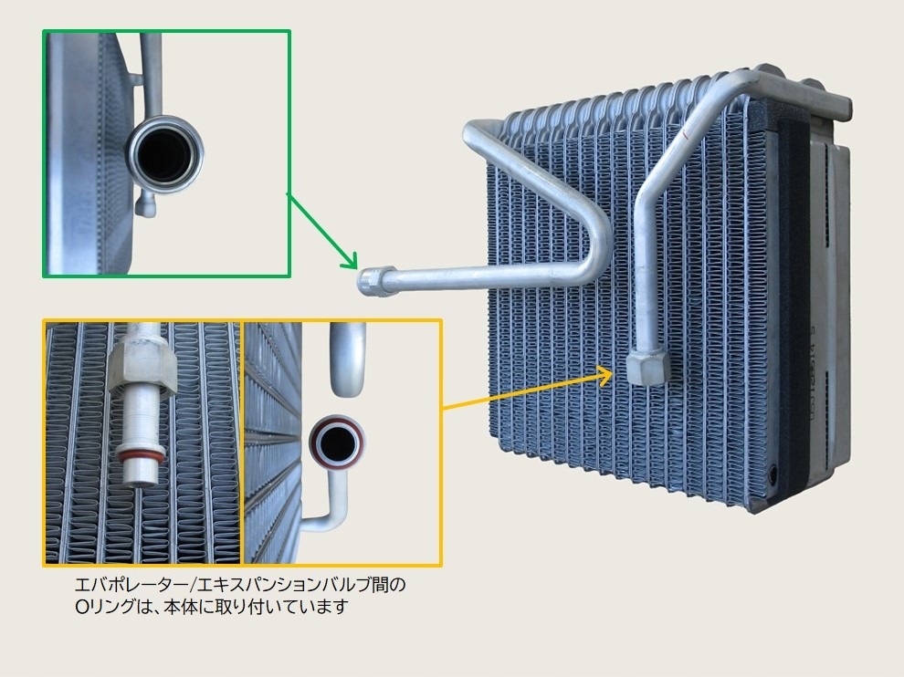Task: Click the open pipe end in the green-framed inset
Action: [165, 154]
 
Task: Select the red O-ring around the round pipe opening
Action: [337, 442]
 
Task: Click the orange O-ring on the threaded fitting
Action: [140, 457]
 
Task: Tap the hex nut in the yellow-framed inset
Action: [141, 365]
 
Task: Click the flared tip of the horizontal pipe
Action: [375, 281]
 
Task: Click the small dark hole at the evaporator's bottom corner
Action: [772, 474]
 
